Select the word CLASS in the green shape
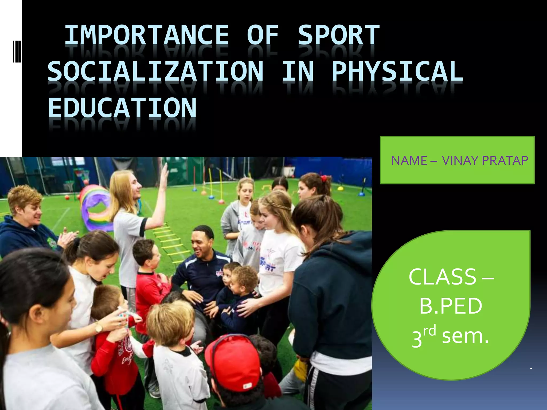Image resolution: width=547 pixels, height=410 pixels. coord(442,277)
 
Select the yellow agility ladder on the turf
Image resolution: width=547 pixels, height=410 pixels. coord(171,240)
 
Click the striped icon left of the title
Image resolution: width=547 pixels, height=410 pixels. coord(17,51)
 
